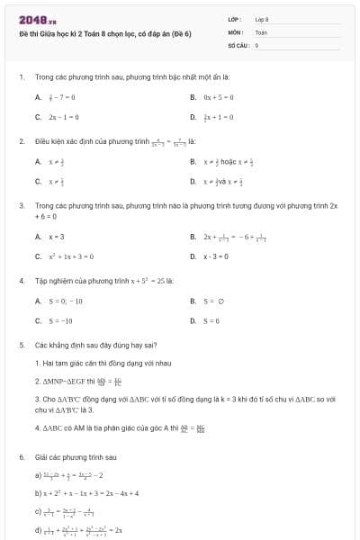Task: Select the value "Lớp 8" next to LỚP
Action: (262, 19)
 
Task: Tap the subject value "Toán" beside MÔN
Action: (261, 31)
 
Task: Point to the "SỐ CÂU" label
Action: (238, 44)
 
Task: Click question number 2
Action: (22, 141)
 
